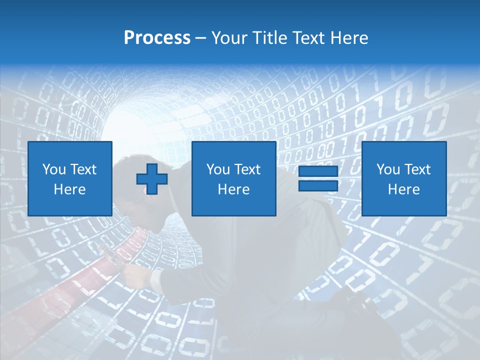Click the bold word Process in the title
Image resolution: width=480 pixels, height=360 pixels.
pyautogui.click(x=157, y=38)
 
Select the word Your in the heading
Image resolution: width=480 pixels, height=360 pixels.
pyautogui.click(x=227, y=38)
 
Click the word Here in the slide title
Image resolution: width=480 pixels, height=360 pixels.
pyautogui.click(x=349, y=38)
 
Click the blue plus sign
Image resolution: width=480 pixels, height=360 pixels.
pyautogui.click(x=152, y=178)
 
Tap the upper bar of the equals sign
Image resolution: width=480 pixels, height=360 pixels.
pyautogui.click(x=318, y=171)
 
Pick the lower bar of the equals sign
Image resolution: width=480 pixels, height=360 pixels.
pyautogui.click(x=318, y=185)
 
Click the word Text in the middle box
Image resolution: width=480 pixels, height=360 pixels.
pyautogui.click(x=247, y=169)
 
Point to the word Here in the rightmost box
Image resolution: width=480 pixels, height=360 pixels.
pyautogui.click(x=404, y=189)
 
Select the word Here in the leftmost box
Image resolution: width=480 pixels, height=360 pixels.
pyautogui.click(x=70, y=189)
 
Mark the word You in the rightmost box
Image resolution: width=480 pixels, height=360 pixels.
pyautogui.click(x=388, y=169)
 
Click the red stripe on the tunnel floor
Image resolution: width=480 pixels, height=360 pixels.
pyautogui.click(x=55, y=295)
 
